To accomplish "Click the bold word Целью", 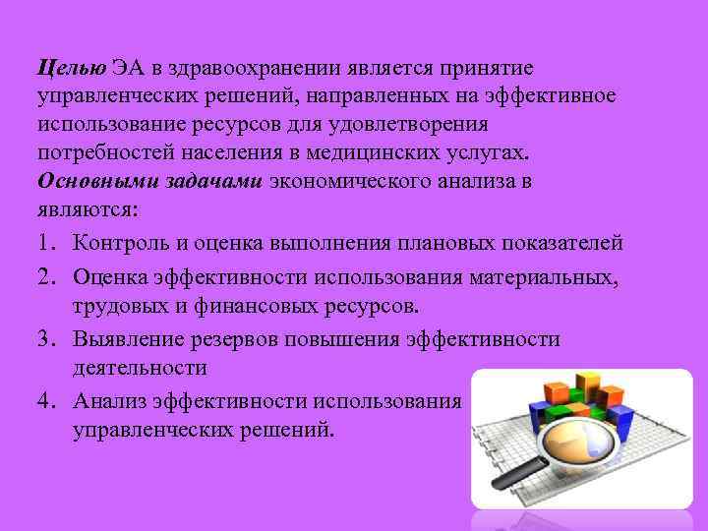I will pyautogui.click(x=71, y=68).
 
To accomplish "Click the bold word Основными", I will pyautogui.click(x=92, y=183).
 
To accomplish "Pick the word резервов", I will pyautogui.click(x=223, y=339).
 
